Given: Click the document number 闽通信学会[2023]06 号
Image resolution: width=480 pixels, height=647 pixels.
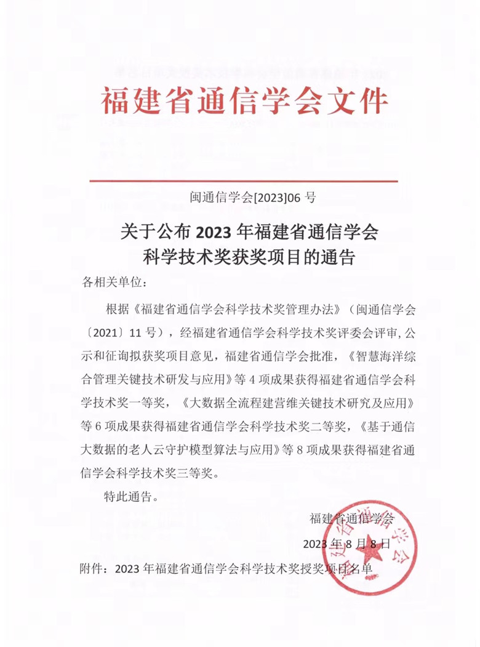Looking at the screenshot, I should (x=253, y=198).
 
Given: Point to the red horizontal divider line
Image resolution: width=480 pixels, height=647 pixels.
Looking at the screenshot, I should (x=244, y=181).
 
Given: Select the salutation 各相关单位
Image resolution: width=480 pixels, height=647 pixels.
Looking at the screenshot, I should (x=114, y=283).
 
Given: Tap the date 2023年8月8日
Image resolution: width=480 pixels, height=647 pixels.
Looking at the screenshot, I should (x=347, y=544).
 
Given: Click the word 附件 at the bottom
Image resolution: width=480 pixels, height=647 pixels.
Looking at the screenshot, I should (x=92, y=568).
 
